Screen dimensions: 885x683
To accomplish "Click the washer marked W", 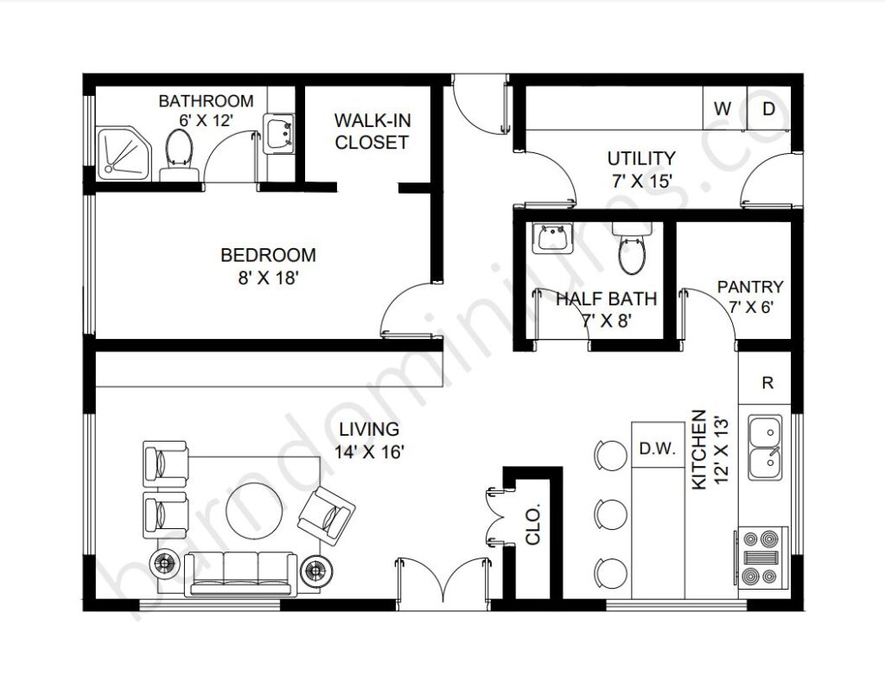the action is (x=725, y=108).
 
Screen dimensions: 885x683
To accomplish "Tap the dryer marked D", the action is (x=768, y=108).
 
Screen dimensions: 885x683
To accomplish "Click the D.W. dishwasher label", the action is (x=658, y=449).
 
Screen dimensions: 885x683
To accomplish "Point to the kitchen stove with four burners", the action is (x=761, y=557).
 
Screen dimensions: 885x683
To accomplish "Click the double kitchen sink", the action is (x=766, y=448).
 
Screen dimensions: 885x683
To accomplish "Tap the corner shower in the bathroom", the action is (x=124, y=153).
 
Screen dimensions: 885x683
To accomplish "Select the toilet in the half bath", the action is (x=632, y=248).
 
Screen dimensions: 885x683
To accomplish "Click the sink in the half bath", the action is (x=552, y=237).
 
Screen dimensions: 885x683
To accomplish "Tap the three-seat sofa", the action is (x=241, y=573).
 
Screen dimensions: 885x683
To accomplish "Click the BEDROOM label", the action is (x=268, y=255).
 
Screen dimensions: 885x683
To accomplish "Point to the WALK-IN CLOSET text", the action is (x=372, y=131).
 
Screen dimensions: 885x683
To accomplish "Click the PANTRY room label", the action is (x=750, y=287).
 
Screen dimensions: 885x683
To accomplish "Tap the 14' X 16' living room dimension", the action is (x=369, y=452).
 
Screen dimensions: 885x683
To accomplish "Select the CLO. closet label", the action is (x=532, y=525).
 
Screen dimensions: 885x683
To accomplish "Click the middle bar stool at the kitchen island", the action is (x=611, y=514).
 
